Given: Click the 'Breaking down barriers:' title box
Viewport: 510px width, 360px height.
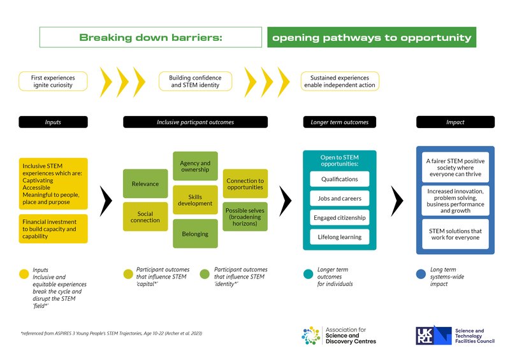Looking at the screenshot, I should [x=150, y=38].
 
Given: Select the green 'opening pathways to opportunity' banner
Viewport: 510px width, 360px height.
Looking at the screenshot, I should [x=372, y=38].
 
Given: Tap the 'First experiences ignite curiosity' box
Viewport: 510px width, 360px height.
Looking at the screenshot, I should [x=53, y=81].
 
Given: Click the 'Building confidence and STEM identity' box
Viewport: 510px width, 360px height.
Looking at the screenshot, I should [x=195, y=81].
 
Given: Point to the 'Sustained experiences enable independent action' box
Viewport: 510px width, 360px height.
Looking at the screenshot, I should [x=340, y=81].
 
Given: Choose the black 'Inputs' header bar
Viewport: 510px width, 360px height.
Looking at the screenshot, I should [x=53, y=122].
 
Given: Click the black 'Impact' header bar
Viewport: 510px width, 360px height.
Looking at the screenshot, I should [x=455, y=122].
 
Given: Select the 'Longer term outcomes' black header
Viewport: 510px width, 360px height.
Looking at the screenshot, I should [x=339, y=122].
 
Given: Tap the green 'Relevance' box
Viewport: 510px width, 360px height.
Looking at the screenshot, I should [x=145, y=184].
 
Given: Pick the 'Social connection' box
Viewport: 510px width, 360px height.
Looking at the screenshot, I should [x=145, y=217].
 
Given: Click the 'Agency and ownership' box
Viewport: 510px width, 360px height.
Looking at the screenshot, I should [x=195, y=166].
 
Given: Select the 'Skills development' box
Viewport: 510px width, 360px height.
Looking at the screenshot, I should [x=195, y=199].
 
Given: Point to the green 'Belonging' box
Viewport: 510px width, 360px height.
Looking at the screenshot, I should [x=195, y=233].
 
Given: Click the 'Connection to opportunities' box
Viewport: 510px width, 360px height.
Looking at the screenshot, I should [x=245, y=184].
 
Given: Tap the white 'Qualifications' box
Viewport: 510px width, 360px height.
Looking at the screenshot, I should [x=339, y=179].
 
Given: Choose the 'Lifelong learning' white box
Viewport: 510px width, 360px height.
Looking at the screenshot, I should [x=339, y=237].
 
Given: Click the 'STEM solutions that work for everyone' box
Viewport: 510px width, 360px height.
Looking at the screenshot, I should [x=455, y=234].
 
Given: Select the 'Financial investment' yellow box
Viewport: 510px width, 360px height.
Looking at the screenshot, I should [x=53, y=229].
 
